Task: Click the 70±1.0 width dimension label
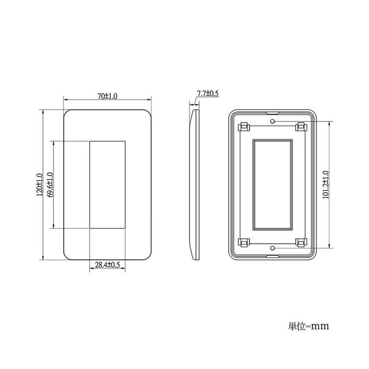[107, 96]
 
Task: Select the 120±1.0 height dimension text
[39, 185]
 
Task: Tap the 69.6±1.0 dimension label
[50, 185]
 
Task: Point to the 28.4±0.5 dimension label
[107, 265]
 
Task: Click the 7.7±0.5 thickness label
[208, 93]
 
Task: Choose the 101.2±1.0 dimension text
[325, 185]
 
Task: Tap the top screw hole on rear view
[273, 121]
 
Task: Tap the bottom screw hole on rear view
[273, 248]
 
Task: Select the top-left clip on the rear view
[244, 127]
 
